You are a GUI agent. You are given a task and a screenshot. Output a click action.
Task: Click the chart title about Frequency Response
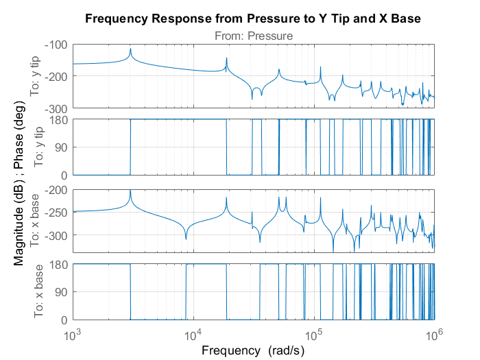tap(252, 19)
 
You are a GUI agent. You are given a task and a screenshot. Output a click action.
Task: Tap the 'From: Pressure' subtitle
tap(252, 35)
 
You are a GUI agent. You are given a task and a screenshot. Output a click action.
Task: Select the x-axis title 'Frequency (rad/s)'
tap(252, 350)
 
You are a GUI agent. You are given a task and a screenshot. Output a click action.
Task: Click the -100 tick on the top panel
tap(56, 45)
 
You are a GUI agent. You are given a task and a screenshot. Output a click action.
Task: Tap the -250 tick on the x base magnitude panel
tap(56, 213)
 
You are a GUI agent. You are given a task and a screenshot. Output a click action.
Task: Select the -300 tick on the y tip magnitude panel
tap(56, 108)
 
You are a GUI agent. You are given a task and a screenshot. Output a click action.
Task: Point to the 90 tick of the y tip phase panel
tap(60, 147)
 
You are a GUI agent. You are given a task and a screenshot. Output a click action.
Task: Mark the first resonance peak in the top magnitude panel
tap(130, 49)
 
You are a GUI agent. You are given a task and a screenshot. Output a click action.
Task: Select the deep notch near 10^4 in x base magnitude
tap(186, 239)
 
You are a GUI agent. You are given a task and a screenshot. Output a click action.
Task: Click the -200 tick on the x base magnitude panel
tap(56, 190)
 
